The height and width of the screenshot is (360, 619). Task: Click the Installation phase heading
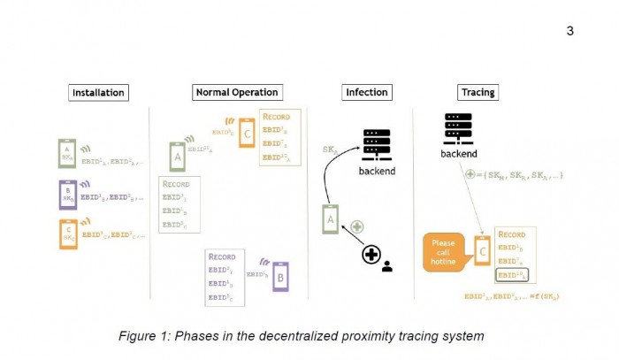[x=99, y=92]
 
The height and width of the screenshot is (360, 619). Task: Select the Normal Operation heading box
[x=235, y=92]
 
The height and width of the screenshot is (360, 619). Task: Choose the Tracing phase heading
[x=478, y=92]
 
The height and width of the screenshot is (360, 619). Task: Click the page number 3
[x=569, y=31]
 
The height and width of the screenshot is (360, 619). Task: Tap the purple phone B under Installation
[x=66, y=195]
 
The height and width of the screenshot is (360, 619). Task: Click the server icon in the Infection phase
[x=377, y=143]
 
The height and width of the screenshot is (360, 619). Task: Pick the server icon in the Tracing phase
[x=457, y=129]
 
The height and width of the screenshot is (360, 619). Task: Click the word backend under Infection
[x=377, y=169]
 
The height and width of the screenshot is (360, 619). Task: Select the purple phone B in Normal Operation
[x=280, y=275]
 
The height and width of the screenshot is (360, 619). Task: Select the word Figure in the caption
[x=142, y=335]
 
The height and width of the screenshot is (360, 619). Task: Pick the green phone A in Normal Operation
[x=177, y=158]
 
